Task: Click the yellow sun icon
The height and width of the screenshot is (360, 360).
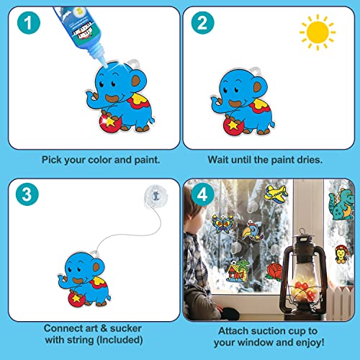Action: coord(318,32)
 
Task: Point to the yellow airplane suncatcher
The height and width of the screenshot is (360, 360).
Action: coord(277,193)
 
